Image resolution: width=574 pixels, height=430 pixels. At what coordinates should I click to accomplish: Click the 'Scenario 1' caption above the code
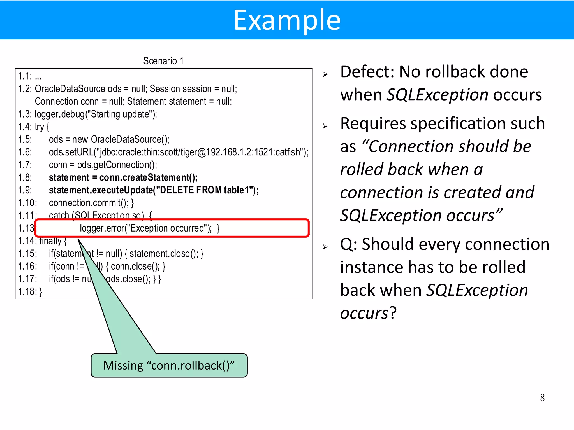click(163, 61)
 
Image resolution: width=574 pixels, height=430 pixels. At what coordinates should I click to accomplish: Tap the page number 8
click(542, 398)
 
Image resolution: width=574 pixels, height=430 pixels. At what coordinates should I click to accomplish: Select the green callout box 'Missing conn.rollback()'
click(169, 365)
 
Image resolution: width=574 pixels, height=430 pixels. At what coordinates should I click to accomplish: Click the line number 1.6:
click(25, 152)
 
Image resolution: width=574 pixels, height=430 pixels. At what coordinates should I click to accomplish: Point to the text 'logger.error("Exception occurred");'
click(146, 228)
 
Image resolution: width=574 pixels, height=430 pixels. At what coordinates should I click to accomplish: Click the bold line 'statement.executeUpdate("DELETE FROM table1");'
click(154, 190)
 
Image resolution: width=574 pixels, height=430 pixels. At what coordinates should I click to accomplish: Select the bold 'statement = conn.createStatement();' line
click(123, 177)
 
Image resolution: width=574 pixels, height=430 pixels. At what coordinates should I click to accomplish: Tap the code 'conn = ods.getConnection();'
click(103, 165)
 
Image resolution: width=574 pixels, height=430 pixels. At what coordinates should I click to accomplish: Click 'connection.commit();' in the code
click(89, 203)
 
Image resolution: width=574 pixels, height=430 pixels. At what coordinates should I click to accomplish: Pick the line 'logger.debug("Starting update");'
click(96, 114)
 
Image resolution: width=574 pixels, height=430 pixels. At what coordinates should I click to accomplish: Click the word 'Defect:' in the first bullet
click(367, 72)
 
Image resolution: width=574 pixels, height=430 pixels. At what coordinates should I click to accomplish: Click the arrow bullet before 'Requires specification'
click(325, 126)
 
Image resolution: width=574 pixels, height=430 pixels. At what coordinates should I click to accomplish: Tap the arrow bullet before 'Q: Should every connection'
click(325, 247)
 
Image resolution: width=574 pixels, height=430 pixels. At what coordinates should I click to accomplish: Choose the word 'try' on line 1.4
click(39, 127)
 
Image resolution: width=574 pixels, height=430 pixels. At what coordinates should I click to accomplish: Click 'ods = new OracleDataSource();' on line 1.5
click(109, 139)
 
